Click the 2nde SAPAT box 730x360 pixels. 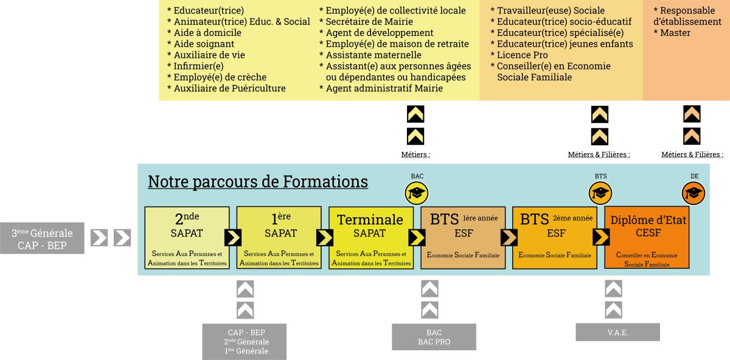coord(187,238)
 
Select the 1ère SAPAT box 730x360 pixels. coord(279,238)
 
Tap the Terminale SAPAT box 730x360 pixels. coord(370,238)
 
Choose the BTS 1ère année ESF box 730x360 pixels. coord(463,238)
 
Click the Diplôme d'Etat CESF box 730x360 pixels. coord(647,238)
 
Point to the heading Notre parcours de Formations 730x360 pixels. coord(258,182)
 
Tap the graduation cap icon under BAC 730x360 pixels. coord(417,194)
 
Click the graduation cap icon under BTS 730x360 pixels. coord(600,194)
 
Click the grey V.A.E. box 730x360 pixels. coord(617,332)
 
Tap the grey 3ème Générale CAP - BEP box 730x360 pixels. coord(42,238)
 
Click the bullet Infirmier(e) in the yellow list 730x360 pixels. coord(198,66)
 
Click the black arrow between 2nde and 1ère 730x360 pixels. coord(232,237)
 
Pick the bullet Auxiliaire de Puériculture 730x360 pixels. coord(229,88)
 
